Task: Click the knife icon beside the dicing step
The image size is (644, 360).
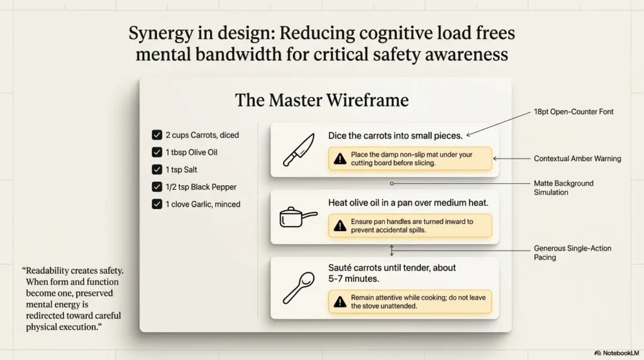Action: pos(299,150)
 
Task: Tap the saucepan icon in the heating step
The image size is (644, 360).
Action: pos(298,217)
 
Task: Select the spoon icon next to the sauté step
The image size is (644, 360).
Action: pos(299,288)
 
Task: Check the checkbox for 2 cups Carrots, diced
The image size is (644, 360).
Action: pos(157,135)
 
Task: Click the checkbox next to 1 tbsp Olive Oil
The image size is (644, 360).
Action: pos(157,152)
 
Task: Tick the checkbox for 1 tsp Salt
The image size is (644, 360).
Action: pos(157,169)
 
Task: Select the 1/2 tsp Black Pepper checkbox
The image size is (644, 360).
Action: pos(157,186)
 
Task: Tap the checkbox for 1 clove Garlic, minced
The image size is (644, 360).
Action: pos(157,204)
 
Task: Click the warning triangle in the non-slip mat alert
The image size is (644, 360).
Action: pos(340,159)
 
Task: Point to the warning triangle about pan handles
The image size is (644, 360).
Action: pos(340,225)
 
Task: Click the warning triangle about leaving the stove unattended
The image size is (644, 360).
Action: pos(340,301)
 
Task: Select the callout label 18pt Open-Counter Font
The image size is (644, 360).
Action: pos(574,112)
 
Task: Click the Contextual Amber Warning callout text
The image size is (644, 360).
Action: pos(577,159)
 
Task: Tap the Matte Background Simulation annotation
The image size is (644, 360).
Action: pos(563,188)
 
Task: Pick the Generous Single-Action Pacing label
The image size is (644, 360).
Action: pos(572,253)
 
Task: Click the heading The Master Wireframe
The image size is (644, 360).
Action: pos(321,100)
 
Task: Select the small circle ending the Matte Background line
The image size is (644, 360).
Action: pos(392,184)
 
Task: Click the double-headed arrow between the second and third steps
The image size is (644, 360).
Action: pos(392,250)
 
